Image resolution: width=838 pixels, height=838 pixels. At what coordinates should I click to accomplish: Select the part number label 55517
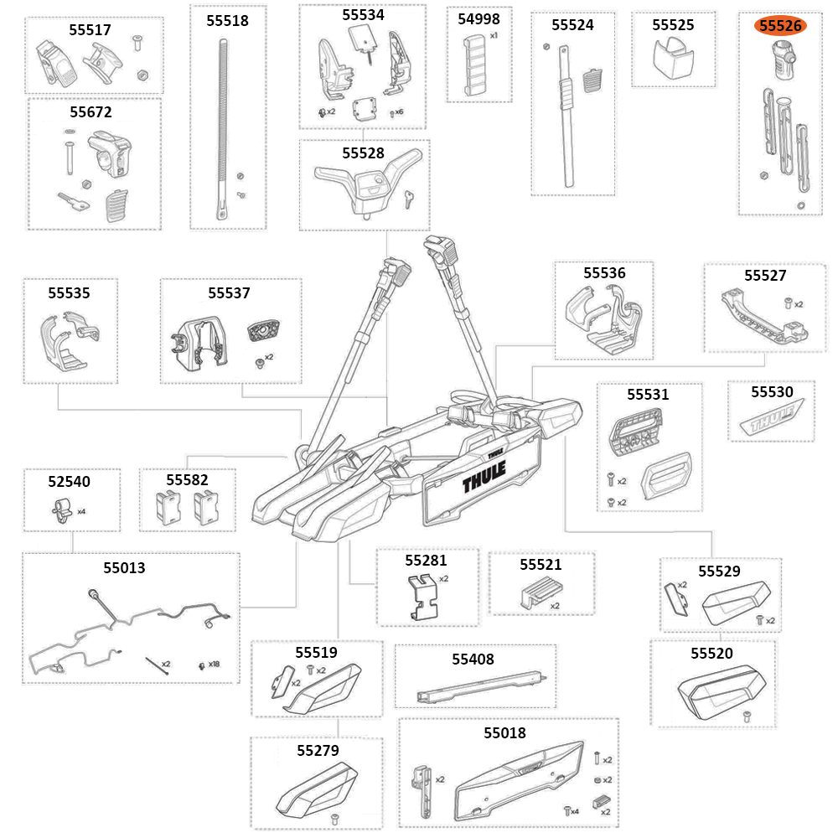(90, 29)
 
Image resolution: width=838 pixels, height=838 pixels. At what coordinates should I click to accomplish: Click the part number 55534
(363, 14)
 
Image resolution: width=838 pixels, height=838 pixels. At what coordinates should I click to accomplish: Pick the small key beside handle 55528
(407, 198)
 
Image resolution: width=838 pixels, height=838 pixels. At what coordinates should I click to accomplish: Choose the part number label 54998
(478, 19)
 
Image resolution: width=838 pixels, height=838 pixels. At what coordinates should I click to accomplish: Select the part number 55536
(604, 272)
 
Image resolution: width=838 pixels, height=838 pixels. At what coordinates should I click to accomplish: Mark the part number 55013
(124, 567)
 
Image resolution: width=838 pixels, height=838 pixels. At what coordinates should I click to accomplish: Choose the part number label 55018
(504, 732)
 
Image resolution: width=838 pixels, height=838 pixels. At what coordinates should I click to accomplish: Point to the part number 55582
(187, 480)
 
